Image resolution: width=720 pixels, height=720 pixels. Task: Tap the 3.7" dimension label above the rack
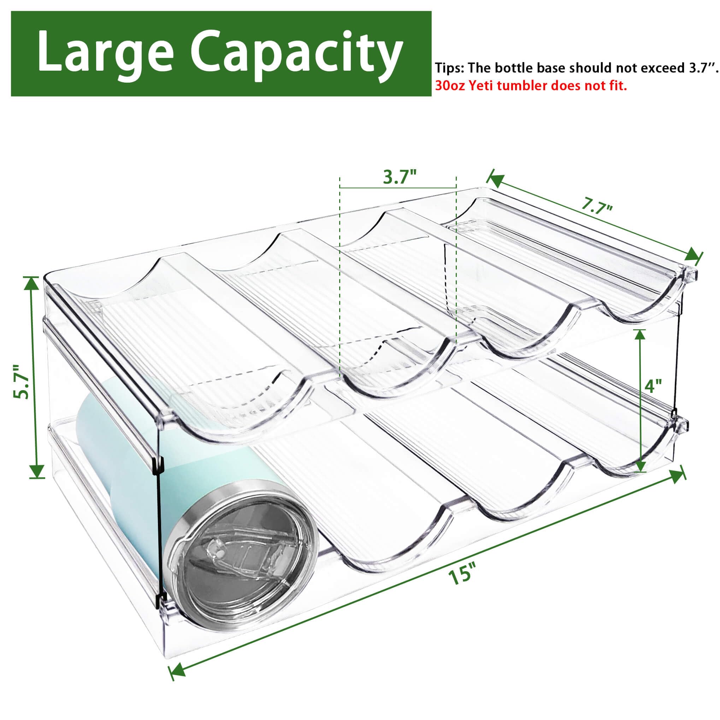(x=400, y=177)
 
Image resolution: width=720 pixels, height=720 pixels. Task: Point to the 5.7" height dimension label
(x=21, y=381)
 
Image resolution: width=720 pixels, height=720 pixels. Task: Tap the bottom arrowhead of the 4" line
(x=640, y=465)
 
